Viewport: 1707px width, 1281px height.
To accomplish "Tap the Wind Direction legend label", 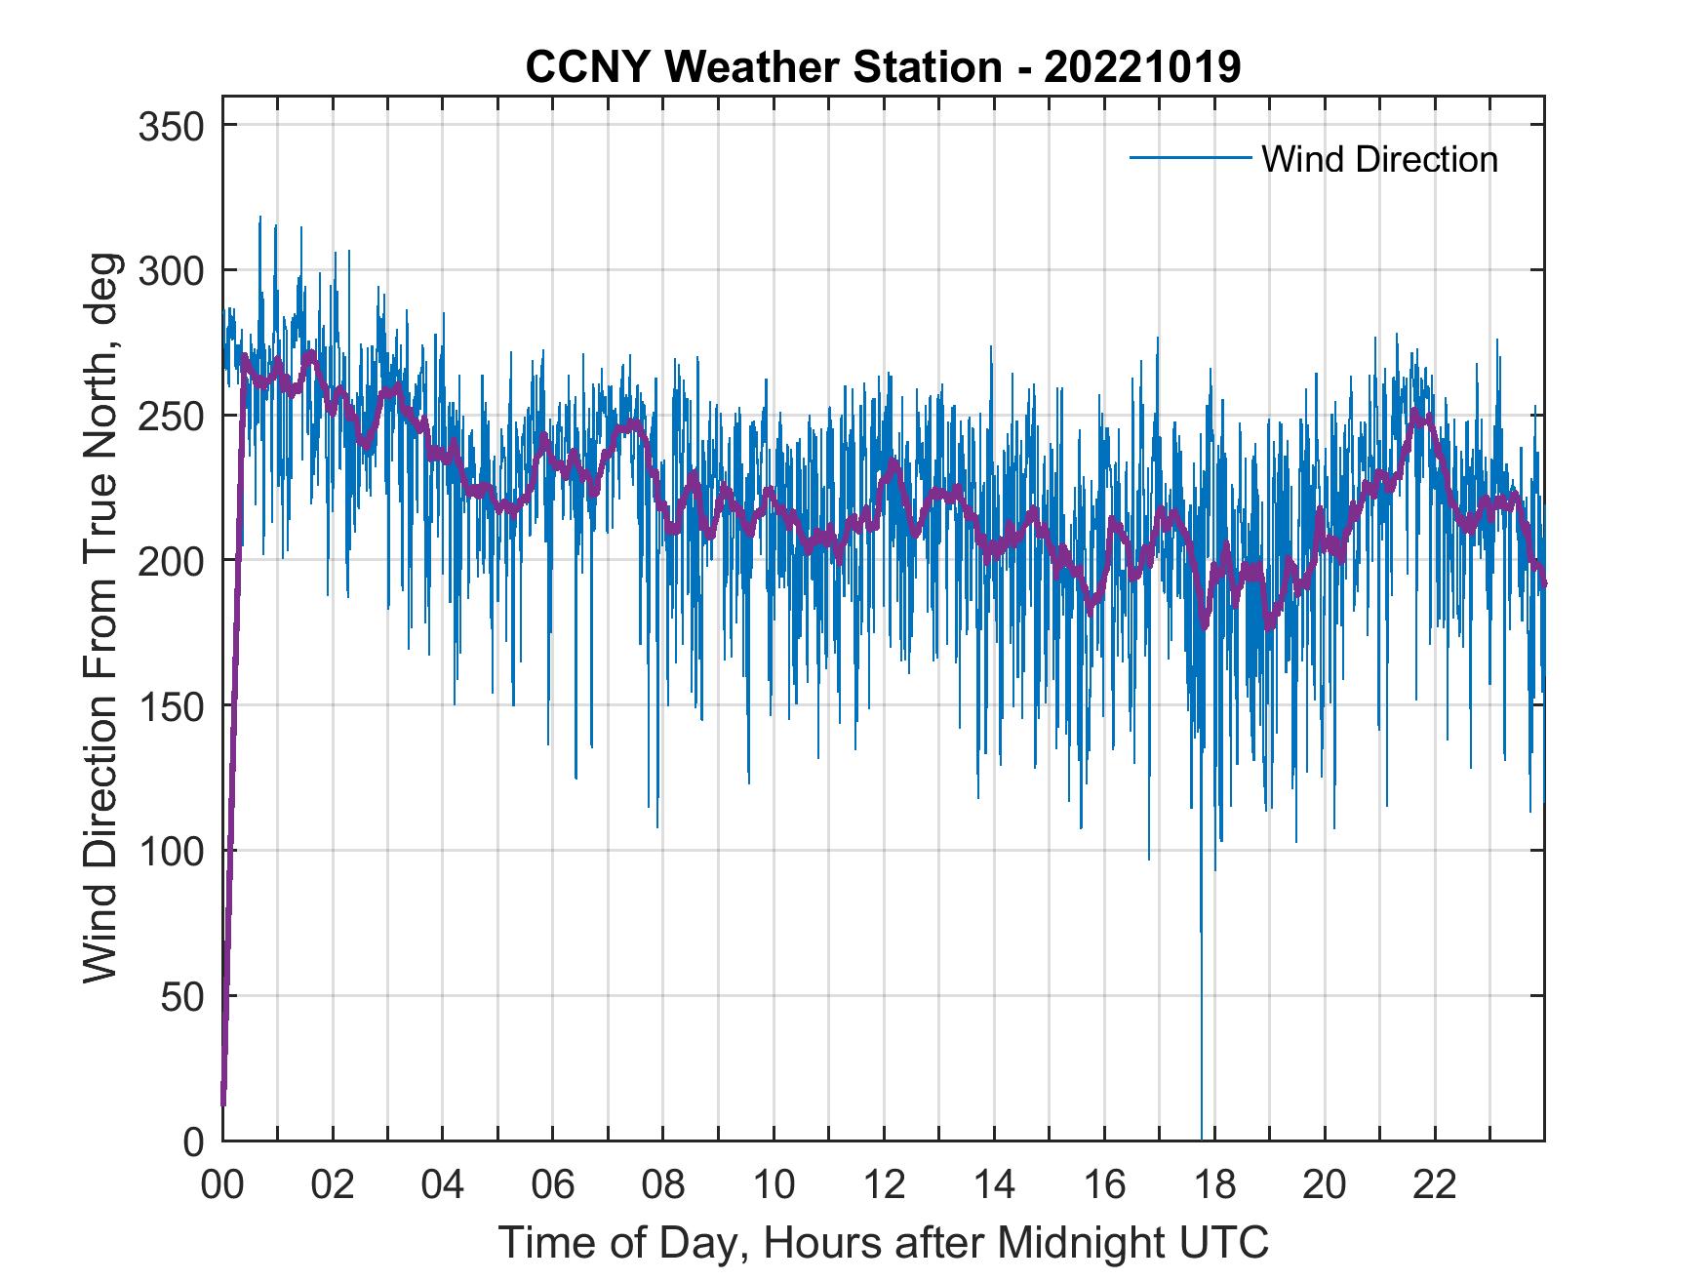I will [1379, 159].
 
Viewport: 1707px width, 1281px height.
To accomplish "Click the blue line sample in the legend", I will [1189, 158].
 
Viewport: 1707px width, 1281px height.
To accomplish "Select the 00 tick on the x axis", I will [223, 1185].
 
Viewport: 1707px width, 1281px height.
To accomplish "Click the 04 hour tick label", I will [443, 1185].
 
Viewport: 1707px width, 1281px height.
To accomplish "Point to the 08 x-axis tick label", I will [663, 1185].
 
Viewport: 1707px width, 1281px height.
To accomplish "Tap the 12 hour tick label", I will [884, 1185].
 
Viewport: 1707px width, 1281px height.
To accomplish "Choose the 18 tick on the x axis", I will [1214, 1185].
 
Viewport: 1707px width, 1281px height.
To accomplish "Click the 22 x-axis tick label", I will [1435, 1185].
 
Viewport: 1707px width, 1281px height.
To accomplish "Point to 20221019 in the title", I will [1141, 67].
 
